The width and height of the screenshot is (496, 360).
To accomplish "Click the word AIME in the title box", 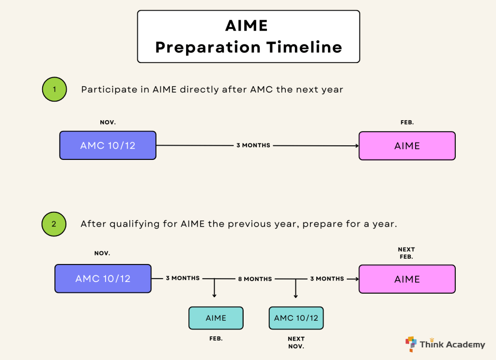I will click(247, 25).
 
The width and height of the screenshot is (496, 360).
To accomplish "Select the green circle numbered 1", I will click(54, 90).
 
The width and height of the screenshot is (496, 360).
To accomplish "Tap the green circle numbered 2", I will click(54, 224).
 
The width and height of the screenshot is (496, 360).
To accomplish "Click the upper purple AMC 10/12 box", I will click(108, 145).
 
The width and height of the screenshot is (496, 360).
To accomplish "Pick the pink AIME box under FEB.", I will click(407, 146).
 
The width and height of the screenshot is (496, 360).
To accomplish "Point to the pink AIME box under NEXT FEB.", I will click(407, 279).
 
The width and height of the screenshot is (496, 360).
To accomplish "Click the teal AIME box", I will click(216, 318).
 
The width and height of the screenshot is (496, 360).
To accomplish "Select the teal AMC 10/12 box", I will click(296, 318).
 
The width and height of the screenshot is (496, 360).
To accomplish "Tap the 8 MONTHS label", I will click(255, 279).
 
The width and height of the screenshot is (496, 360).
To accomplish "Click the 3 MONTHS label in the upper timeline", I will click(253, 145).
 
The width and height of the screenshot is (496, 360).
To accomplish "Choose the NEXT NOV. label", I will click(296, 343).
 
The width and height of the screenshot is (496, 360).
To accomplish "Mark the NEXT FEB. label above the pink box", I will click(406, 253).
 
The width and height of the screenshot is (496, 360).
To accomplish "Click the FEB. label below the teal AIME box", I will click(216, 339).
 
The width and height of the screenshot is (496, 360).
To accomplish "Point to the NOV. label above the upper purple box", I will click(108, 123).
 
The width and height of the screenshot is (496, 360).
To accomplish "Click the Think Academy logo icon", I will click(411, 344).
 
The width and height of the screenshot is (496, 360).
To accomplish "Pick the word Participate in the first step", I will click(104, 90).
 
